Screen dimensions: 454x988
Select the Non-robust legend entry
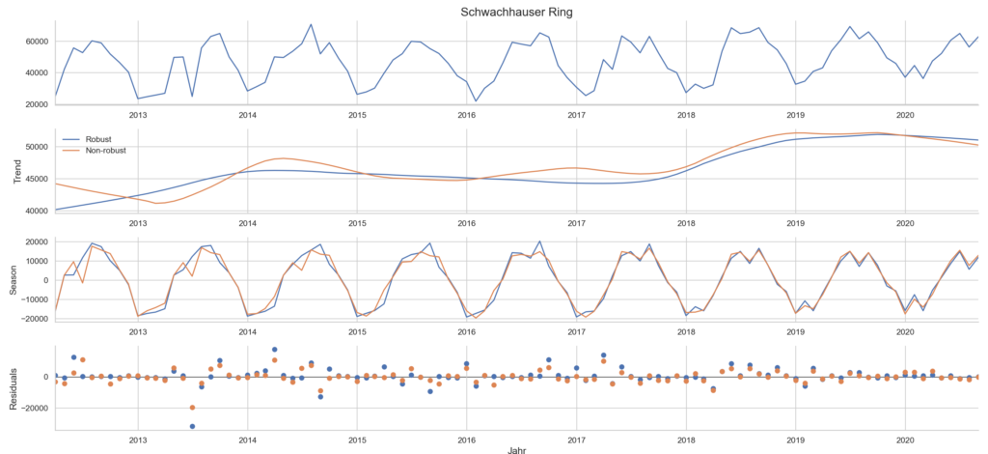pos(107,150)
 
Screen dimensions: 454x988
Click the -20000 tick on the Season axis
pos(32,318)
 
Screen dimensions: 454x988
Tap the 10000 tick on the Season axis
pos(35,261)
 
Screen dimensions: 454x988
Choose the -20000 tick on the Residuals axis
pos(32,408)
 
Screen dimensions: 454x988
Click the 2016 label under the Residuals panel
pos(467,437)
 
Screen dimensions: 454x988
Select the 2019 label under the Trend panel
pos(796,222)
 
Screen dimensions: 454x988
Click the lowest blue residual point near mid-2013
pos(192,426)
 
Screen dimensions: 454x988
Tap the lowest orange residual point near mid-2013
pos(192,407)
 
